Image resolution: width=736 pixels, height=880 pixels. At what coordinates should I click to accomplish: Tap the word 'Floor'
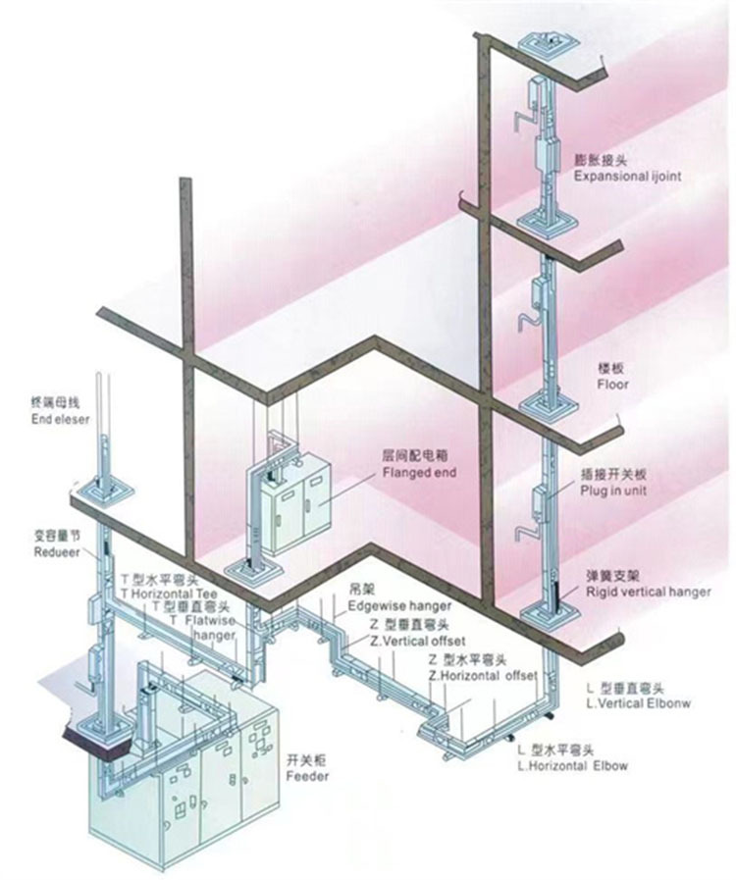pyautogui.click(x=612, y=386)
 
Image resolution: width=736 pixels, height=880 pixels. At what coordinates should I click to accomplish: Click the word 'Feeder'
pyautogui.click(x=307, y=776)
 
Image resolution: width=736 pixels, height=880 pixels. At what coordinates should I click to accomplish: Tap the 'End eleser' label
pyautogui.click(x=59, y=419)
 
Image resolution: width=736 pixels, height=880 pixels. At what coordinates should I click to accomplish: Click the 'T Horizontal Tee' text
pyautogui.click(x=168, y=594)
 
